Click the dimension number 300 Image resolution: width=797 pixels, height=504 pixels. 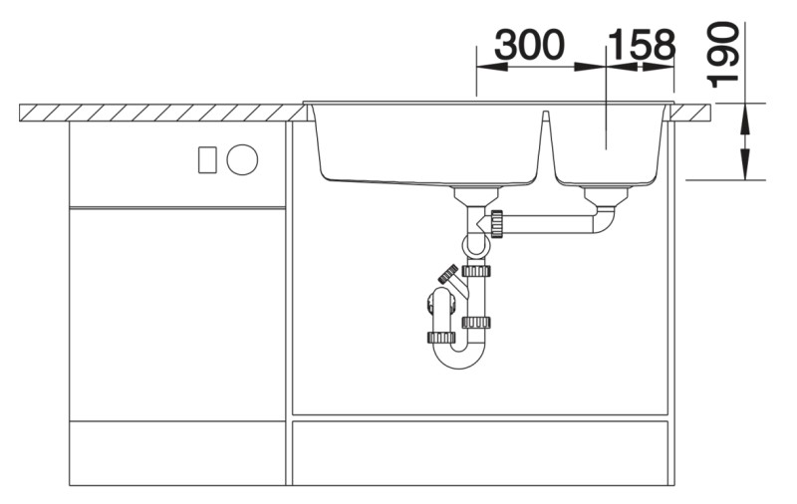click(529, 44)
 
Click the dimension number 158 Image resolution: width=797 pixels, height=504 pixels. click(642, 44)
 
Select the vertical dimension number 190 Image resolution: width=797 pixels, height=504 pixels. click(722, 55)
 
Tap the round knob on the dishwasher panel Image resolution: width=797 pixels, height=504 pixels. click(242, 159)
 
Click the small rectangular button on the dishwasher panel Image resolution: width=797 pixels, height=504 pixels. click(207, 159)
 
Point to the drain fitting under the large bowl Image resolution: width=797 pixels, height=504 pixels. click(477, 195)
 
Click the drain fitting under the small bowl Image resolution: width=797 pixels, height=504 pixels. click(607, 195)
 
